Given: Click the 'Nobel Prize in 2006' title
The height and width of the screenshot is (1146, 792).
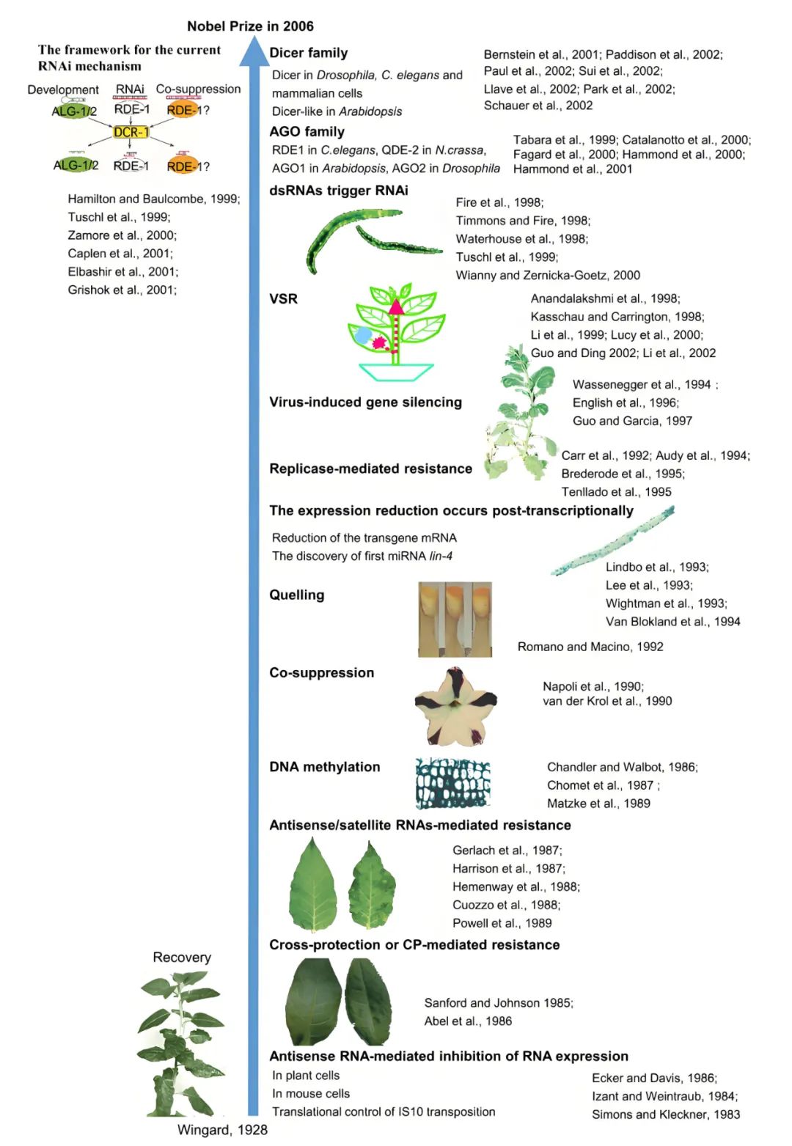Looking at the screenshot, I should (250, 26).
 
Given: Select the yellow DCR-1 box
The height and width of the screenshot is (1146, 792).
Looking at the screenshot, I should (131, 133).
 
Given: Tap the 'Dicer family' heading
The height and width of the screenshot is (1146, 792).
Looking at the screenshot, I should (308, 53).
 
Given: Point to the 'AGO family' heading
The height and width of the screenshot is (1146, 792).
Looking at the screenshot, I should (307, 132).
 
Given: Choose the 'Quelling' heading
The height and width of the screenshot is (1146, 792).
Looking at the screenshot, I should (296, 595).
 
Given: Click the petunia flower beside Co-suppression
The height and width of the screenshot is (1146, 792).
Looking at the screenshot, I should (455, 707).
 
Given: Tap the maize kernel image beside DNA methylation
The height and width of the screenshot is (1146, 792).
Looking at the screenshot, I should (452, 783).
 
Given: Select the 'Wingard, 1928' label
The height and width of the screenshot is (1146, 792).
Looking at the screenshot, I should (222, 1130).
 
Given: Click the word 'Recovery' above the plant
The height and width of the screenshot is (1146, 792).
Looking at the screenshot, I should (182, 958).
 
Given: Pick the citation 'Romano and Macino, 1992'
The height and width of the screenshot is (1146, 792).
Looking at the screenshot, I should (590, 647).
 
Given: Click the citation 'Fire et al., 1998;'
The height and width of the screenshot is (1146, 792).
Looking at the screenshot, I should (499, 202).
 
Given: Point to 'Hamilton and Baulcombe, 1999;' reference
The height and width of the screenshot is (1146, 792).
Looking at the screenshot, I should (153, 199).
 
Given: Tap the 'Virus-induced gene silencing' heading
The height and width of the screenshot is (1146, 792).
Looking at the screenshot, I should (365, 402).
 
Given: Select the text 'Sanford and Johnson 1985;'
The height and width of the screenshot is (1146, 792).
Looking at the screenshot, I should (499, 1003).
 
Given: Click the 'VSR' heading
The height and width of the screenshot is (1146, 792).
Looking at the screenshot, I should (283, 299).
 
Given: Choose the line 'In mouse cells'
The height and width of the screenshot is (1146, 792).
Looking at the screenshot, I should (311, 1094).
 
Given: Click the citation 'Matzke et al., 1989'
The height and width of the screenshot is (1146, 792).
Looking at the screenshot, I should (598, 804).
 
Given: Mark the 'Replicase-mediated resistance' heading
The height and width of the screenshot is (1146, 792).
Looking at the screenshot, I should (370, 469).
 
